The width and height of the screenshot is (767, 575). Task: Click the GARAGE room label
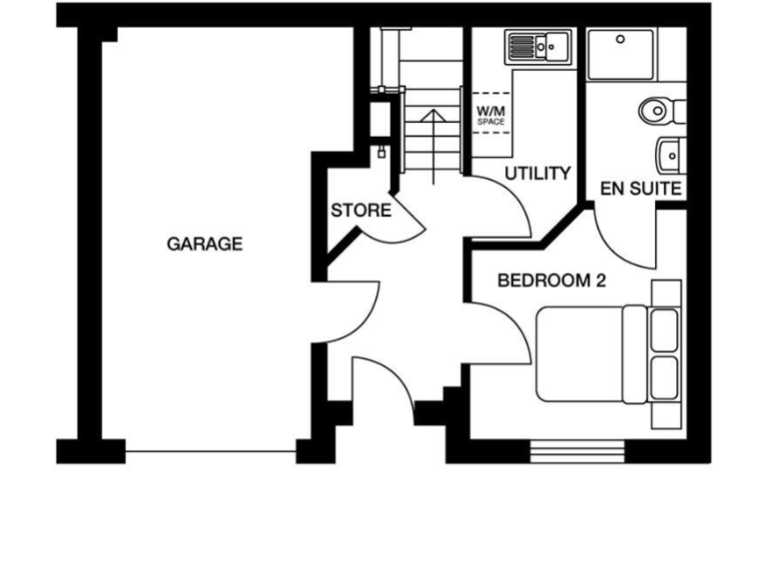204,244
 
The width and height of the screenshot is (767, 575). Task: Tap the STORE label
361,211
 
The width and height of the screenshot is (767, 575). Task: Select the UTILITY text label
537,174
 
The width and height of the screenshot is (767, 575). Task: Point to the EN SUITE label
640,188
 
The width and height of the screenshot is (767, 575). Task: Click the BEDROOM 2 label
551,282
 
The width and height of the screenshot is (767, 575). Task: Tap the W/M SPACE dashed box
490,114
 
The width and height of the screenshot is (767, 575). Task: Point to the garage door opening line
212,452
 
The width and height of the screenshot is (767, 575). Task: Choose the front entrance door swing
384,384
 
